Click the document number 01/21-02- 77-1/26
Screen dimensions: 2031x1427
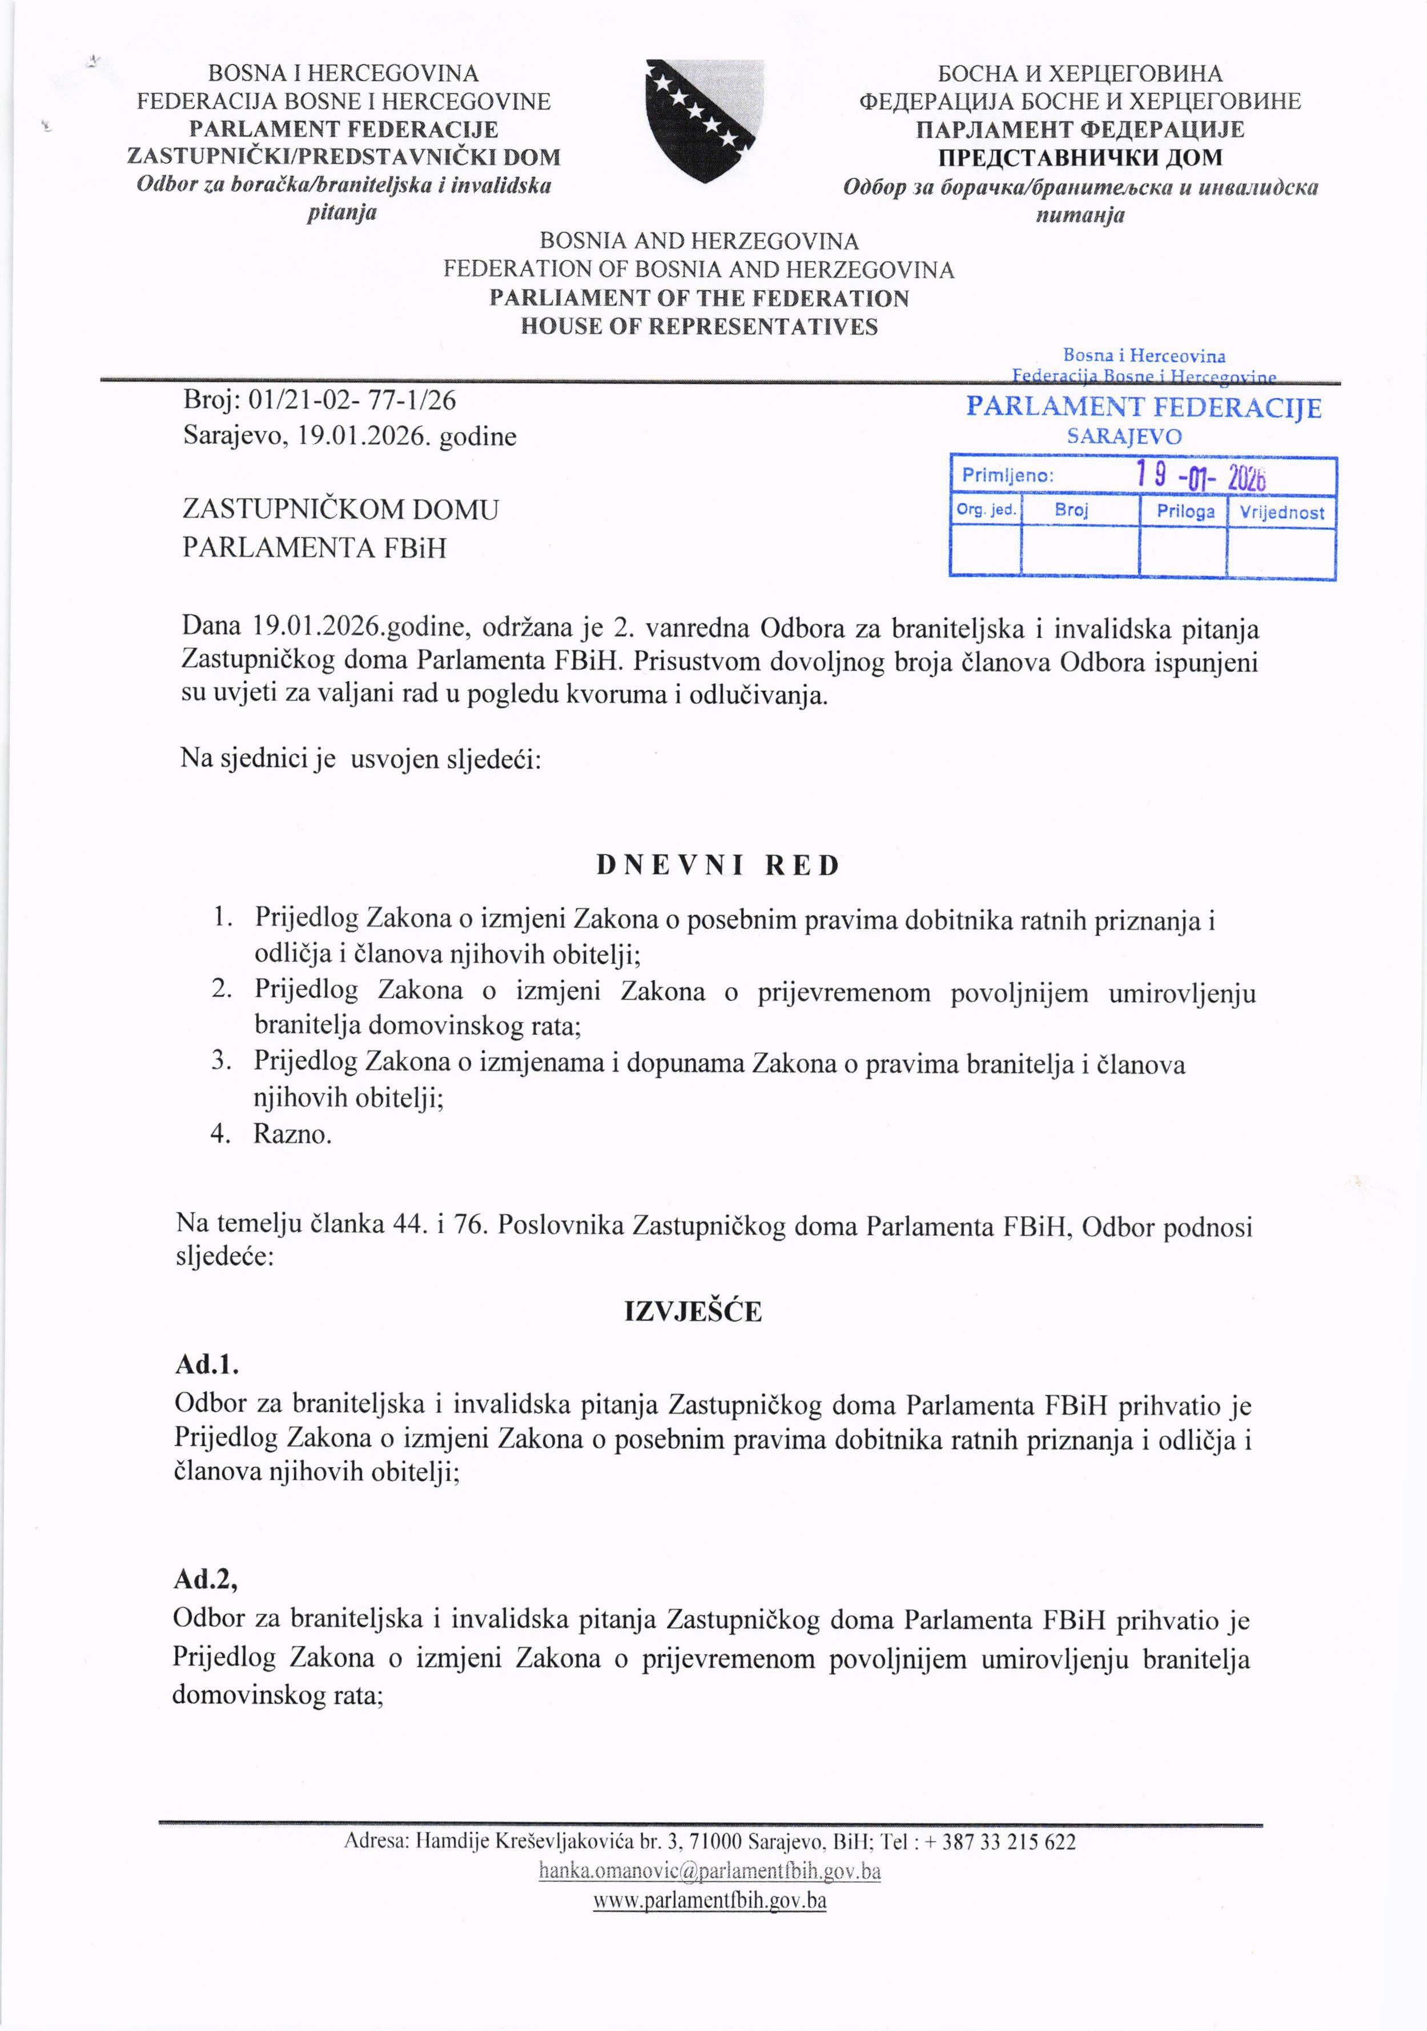tap(353, 400)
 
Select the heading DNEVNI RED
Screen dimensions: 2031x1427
tap(718, 865)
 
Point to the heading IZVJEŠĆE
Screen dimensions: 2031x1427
tap(692, 1311)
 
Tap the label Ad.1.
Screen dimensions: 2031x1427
tap(207, 1364)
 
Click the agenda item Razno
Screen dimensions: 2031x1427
tap(292, 1134)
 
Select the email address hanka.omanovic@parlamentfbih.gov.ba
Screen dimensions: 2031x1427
tap(710, 1871)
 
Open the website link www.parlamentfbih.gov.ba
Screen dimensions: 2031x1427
tap(709, 1900)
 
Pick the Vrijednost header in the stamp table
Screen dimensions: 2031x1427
tap(1281, 512)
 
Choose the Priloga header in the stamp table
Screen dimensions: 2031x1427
tap(1185, 511)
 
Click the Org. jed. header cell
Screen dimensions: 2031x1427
tap(986, 510)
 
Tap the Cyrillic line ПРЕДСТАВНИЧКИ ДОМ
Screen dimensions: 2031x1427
tap(1080, 158)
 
